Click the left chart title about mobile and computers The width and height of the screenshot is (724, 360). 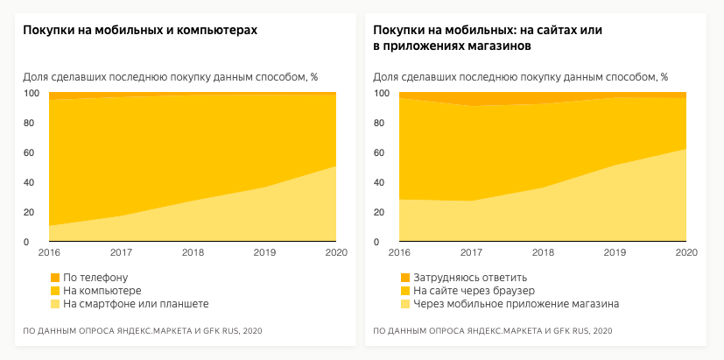pyautogui.click(x=140, y=31)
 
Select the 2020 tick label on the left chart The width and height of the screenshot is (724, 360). pyautogui.click(x=336, y=253)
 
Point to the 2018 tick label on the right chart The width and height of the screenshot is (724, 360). pyautogui.click(x=544, y=253)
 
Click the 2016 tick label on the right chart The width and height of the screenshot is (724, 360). pyautogui.click(x=399, y=253)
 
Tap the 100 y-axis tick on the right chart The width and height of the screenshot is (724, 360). pyautogui.click(x=382, y=94)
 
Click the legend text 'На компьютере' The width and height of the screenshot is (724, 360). pyautogui.click(x=102, y=291)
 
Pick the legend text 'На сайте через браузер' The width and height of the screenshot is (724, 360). pyautogui.click(x=474, y=291)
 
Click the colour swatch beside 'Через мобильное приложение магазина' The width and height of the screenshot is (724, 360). pyautogui.click(x=404, y=304)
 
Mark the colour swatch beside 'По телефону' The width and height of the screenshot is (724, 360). pyautogui.click(x=55, y=278)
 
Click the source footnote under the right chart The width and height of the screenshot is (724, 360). pyautogui.click(x=493, y=331)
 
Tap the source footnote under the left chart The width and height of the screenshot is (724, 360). pyautogui.click(x=143, y=331)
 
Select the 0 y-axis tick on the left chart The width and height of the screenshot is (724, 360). pyautogui.click(x=26, y=243)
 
